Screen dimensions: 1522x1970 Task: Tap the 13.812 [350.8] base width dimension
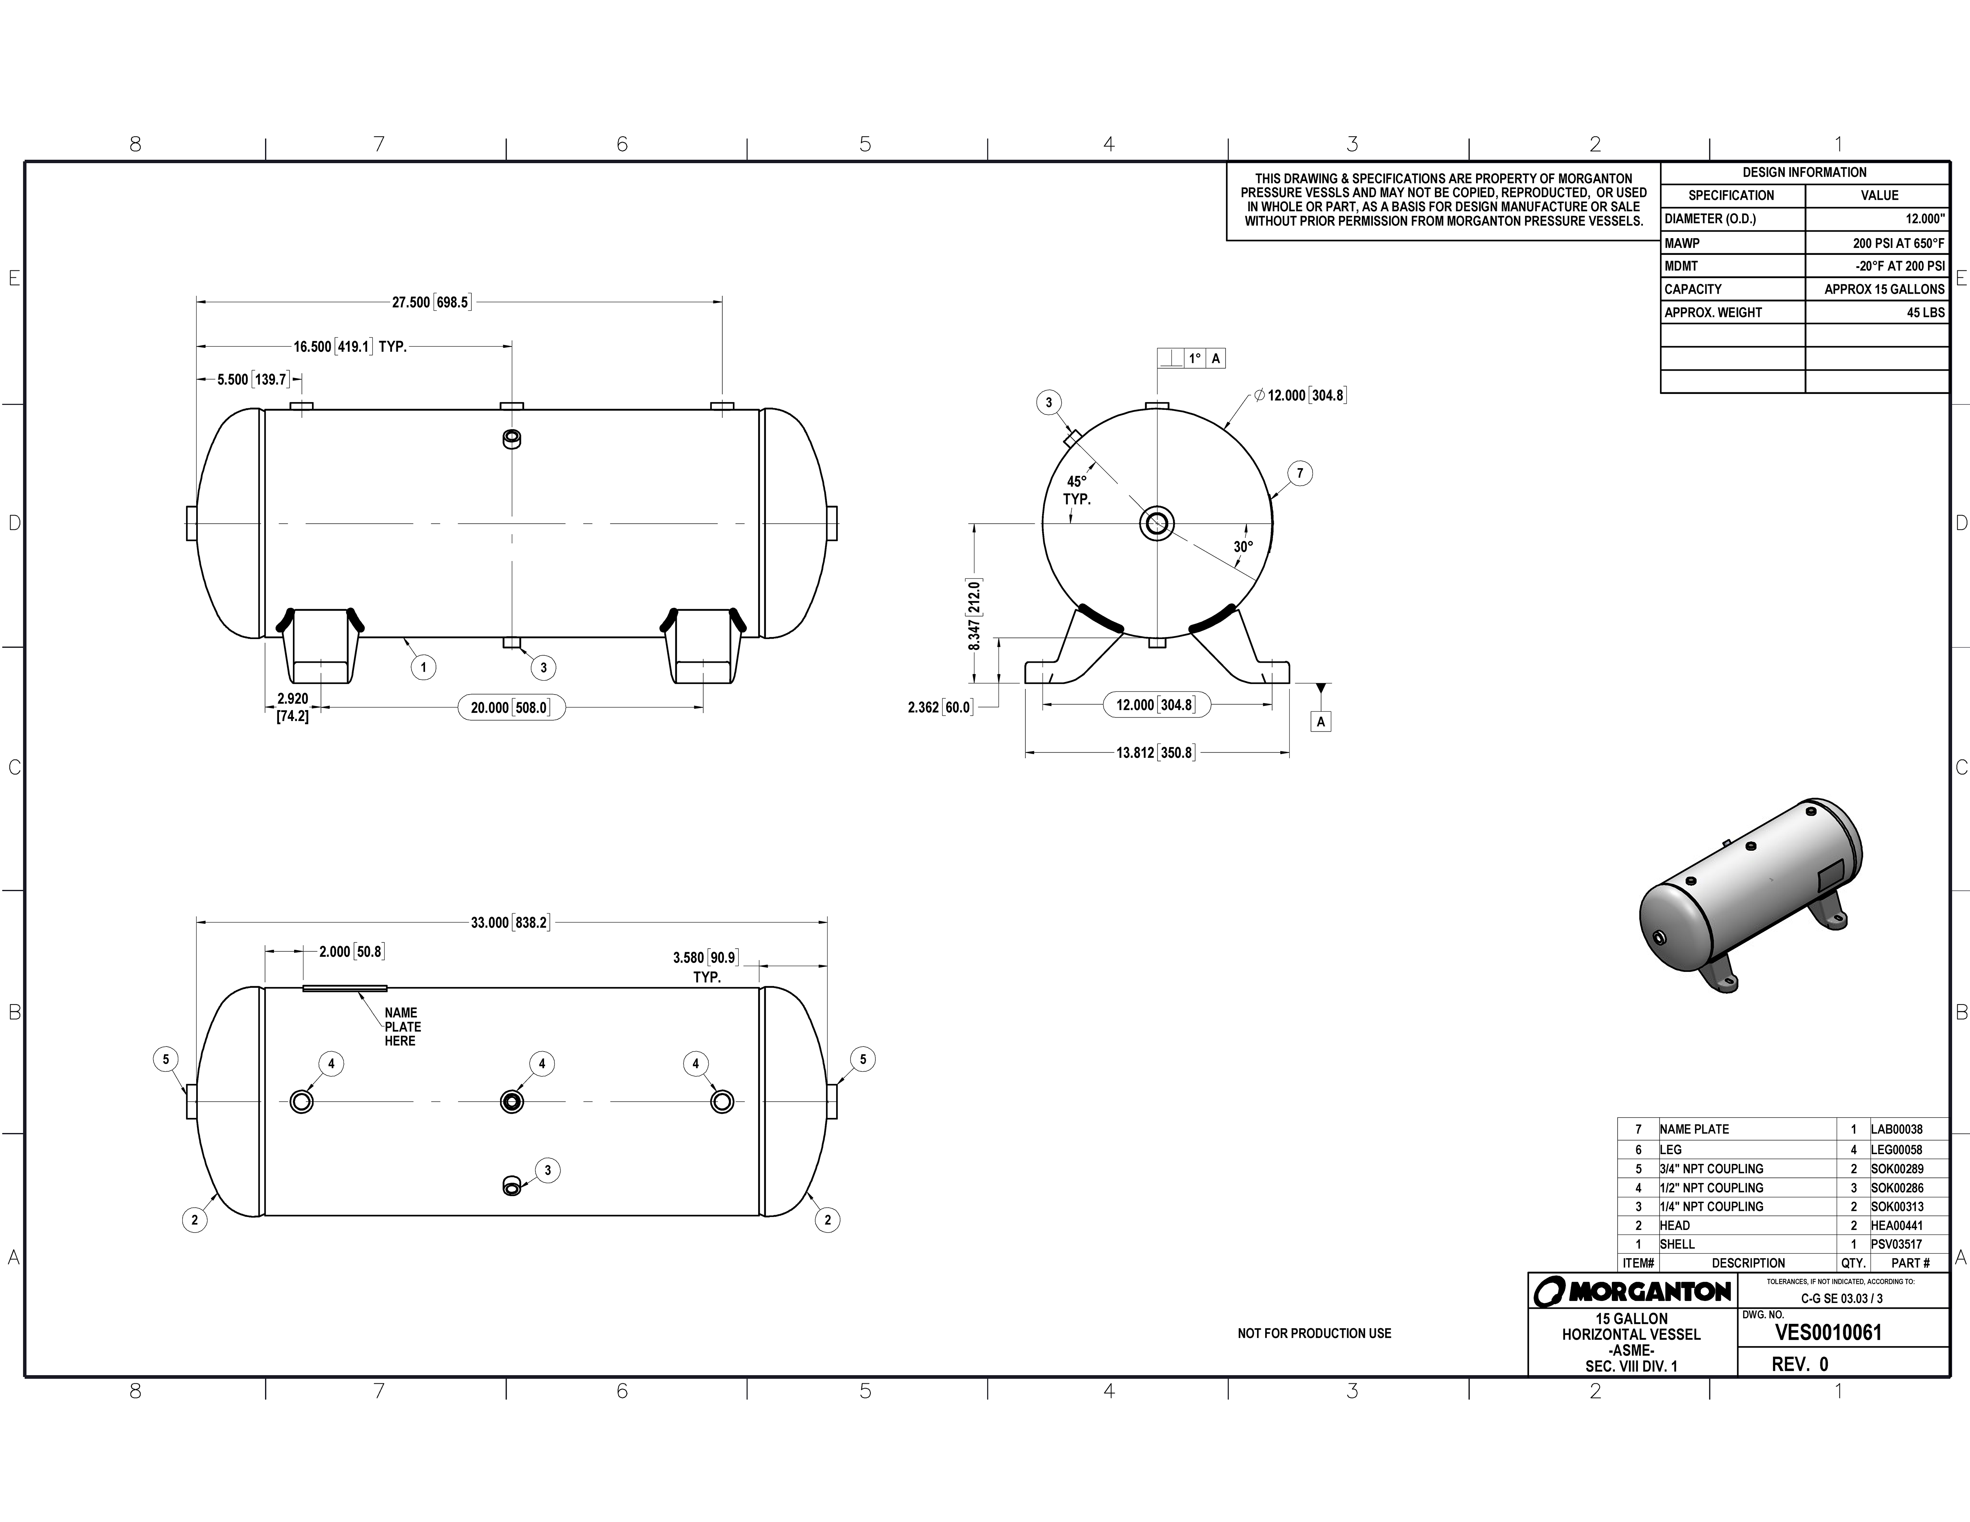pyautogui.click(x=1156, y=753)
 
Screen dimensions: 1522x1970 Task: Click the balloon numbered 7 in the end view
pyautogui.click(x=1300, y=474)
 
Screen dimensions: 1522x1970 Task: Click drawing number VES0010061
pyautogui.click(x=1829, y=1333)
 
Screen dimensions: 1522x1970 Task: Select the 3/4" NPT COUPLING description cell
pyautogui.click(x=1711, y=1168)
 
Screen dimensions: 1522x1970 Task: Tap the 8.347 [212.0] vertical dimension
pyautogui.click(x=974, y=615)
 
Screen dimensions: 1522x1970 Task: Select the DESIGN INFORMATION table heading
pyautogui.click(x=1804, y=172)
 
